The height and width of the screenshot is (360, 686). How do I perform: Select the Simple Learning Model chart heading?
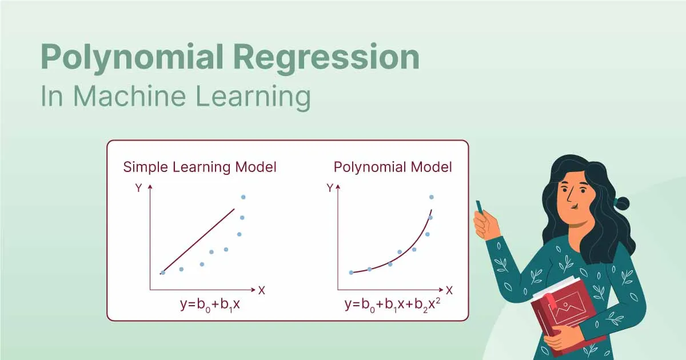tap(200, 167)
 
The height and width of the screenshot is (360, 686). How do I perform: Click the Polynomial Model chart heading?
tap(393, 167)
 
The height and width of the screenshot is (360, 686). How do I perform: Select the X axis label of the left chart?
tap(262, 290)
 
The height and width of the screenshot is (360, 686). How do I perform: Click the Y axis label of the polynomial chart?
tap(329, 187)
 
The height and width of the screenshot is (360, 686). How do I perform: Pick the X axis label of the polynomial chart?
tap(449, 290)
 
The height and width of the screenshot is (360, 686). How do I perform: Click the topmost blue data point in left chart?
tap(244, 197)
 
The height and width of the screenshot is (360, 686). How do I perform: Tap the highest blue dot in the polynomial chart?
tap(432, 197)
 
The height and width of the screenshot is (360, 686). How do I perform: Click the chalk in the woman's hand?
tap(479, 206)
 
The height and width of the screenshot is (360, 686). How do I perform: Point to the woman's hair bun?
tap(621, 202)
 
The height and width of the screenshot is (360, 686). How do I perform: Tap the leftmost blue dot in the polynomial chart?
tap(351, 273)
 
